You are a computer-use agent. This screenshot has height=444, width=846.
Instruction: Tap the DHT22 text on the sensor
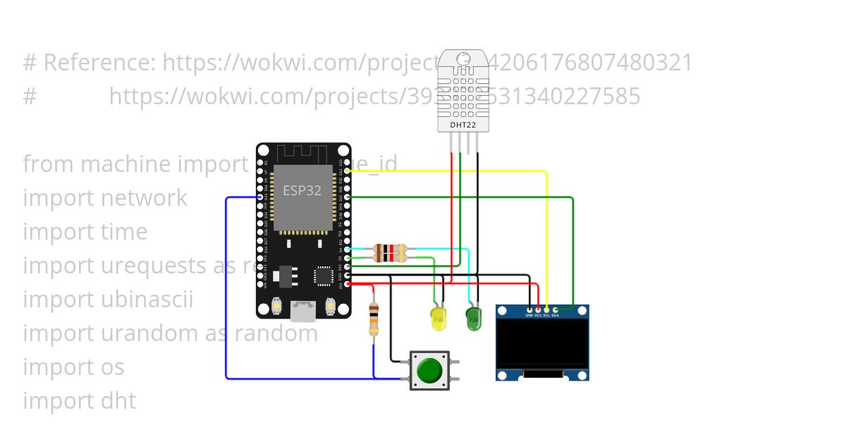click(x=462, y=125)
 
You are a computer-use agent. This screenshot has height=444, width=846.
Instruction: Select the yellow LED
click(x=439, y=319)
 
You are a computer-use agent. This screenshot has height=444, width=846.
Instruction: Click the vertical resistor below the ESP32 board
click(x=374, y=319)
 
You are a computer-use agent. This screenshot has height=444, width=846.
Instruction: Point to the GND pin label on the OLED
click(x=529, y=315)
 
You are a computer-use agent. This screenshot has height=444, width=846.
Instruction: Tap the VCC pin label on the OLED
click(x=538, y=315)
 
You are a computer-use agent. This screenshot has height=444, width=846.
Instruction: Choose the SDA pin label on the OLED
click(x=555, y=315)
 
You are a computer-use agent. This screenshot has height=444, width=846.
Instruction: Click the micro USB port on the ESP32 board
click(x=305, y=310)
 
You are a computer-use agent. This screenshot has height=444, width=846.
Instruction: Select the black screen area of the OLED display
click(x=542, y=343)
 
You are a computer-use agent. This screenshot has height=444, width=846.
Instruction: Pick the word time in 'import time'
click(x=125, y=232)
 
